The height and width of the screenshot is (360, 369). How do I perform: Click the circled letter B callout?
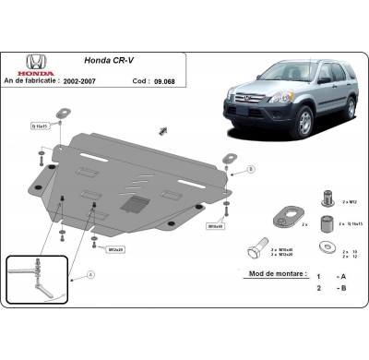click(251, 169)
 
